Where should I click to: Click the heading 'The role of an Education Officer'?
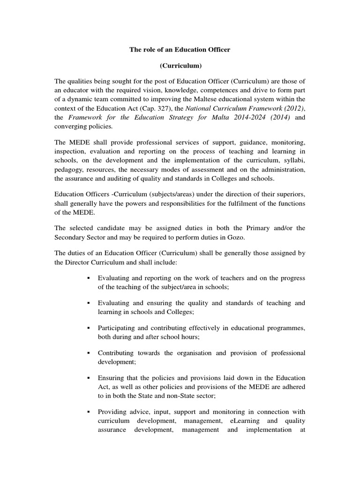click(180, 49)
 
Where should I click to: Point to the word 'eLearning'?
click(251, 420)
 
